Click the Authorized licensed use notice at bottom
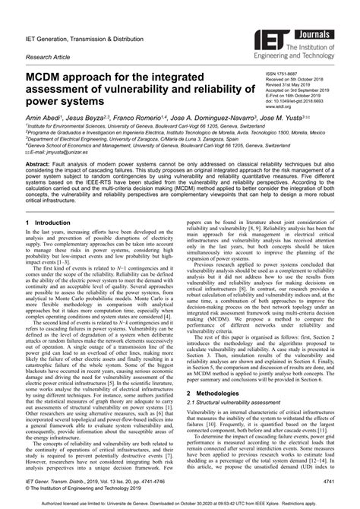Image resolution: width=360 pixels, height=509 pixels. click(x=180, y=502)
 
